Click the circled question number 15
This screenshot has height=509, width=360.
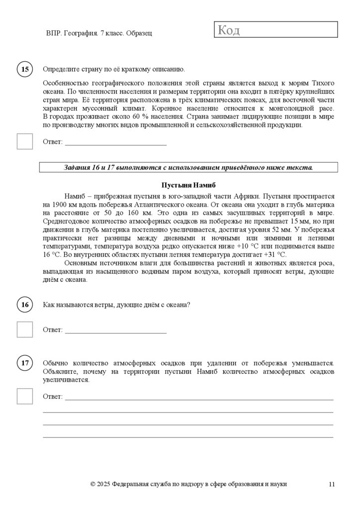(25, 70)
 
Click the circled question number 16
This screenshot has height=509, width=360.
(25, 304)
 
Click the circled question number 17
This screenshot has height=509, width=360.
(25, 363)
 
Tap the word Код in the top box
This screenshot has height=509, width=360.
(229, 30)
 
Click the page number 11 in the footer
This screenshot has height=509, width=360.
(332, 484)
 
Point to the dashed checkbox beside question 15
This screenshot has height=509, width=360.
(25, 141)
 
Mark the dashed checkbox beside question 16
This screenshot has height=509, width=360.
(25, 329)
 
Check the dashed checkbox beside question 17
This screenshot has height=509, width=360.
(25, 396)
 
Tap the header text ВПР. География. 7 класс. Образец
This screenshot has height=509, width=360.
(99, 33)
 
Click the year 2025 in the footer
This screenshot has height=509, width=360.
(103, 484)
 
